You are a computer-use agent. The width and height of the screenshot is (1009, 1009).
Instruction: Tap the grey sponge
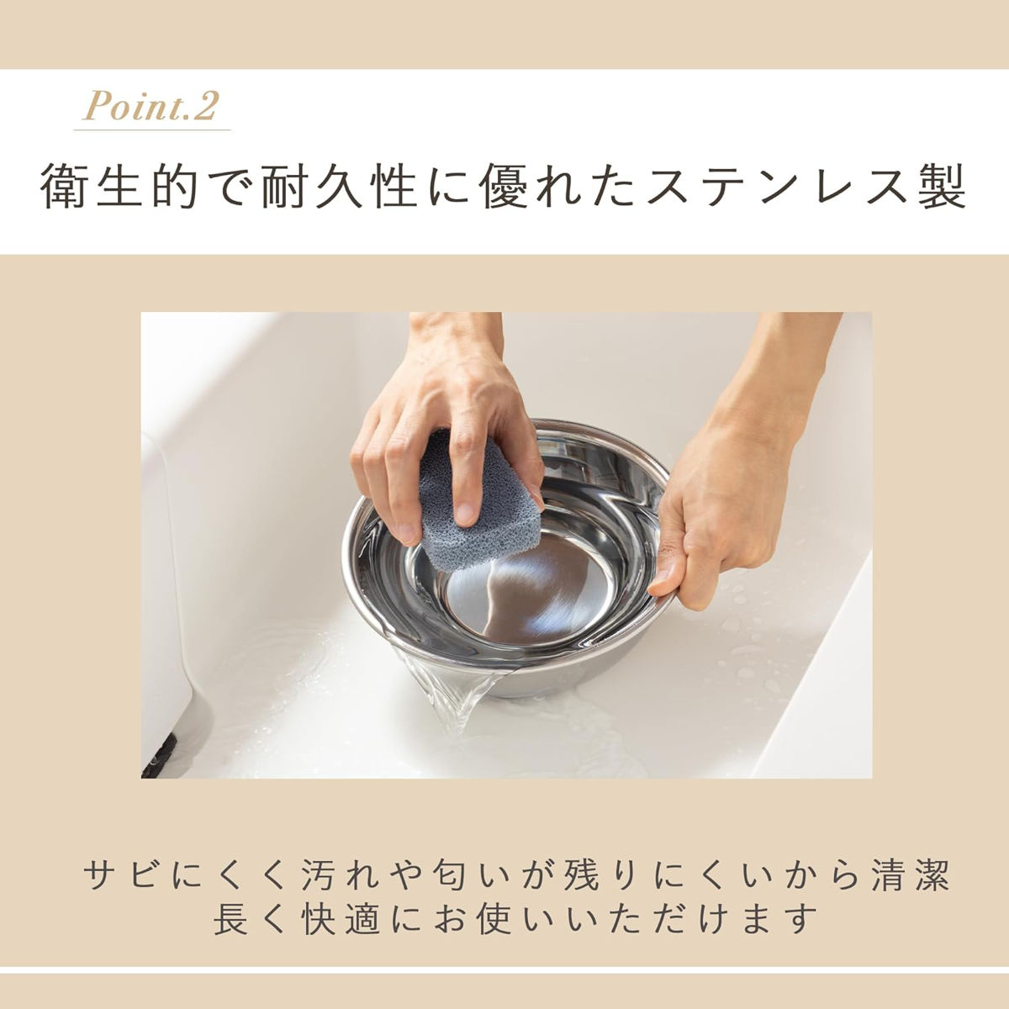(478, 503)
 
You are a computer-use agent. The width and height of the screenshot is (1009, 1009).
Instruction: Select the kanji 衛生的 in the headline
(119, 187)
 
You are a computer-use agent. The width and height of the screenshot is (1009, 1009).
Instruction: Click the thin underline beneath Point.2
(152, 129)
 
